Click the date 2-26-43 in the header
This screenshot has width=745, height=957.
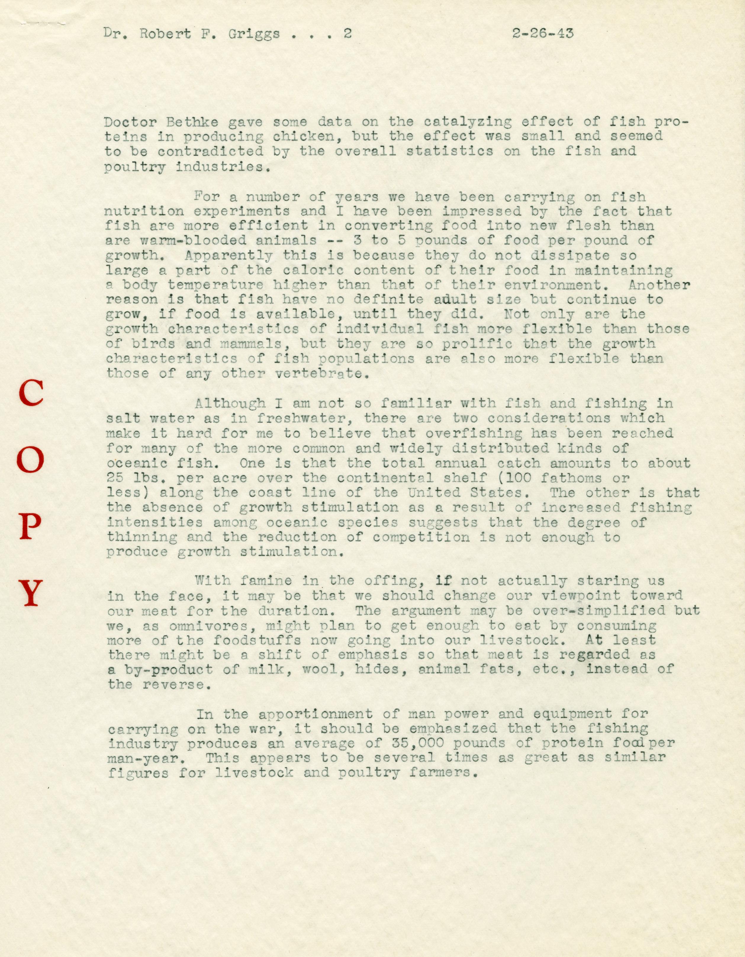(x=543, y=34)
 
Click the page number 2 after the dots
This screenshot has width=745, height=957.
(x=347, y=34)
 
